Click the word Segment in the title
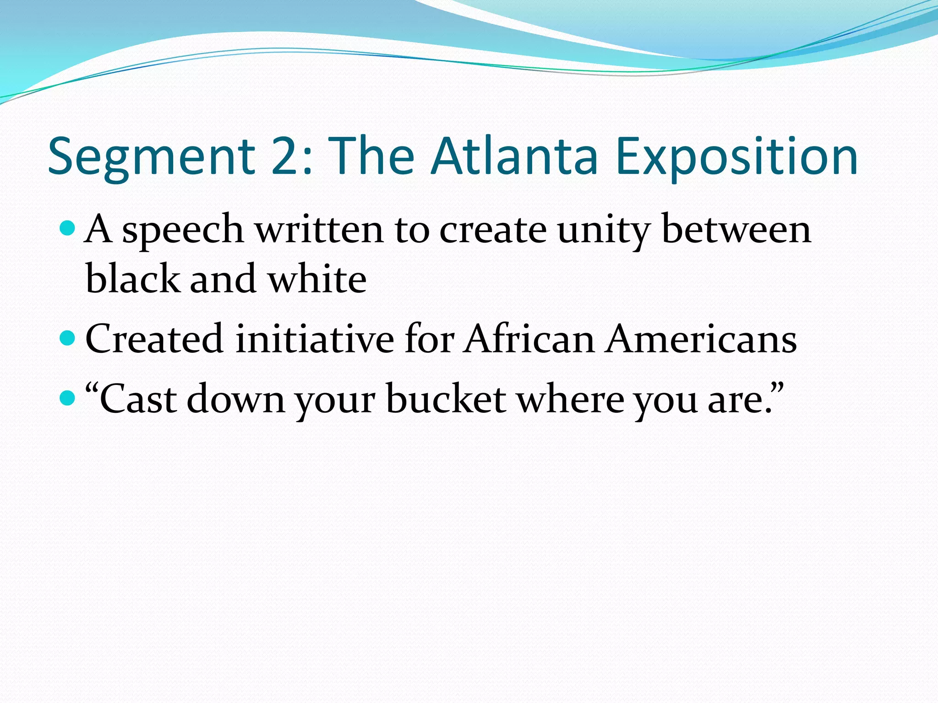point(151,157)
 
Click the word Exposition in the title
point(736,157)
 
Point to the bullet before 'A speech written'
point(67,227)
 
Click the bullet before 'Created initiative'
point(67,338)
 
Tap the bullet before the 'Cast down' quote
point(67,398)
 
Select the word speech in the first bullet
point(183,231)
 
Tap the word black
point(133,279)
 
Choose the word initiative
point(315,339)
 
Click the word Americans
point(701,339)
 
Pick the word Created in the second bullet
point(154,339)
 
